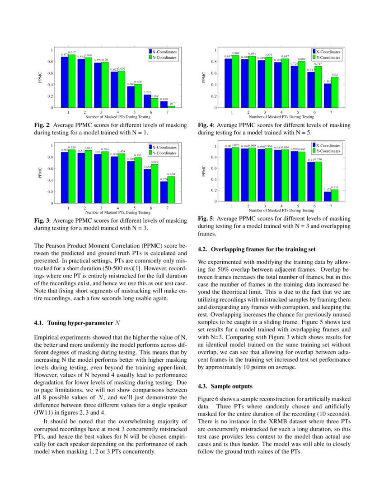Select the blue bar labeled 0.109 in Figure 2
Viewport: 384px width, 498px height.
click(x=164, y=105)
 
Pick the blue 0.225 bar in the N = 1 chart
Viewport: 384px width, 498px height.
click(x=147, y=101)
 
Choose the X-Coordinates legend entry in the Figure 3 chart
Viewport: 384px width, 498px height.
click(x=164, y=148)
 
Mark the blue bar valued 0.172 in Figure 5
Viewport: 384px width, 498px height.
click(x=328, y=196)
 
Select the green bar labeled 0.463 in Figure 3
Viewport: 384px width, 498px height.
click(x=171, y=190)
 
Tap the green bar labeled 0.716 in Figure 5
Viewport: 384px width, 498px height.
click(x=318, y=182)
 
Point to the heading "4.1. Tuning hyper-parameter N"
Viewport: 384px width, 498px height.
click(x=75, y=323)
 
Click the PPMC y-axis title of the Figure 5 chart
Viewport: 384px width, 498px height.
click(x=204, y=173)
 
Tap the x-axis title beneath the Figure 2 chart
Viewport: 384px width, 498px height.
click(x=118, y=116)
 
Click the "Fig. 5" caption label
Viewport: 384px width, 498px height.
click(x=205, y=219)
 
